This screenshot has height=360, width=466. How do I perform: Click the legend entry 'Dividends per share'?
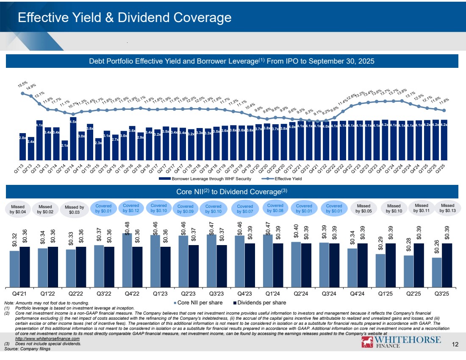(x=259, y=303)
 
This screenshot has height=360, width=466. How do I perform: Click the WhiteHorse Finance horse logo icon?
(x=366, y=343)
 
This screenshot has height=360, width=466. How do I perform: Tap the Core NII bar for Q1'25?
(x=380, y=270)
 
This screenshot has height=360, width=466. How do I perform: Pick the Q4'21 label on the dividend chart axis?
(x=19, y=293)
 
